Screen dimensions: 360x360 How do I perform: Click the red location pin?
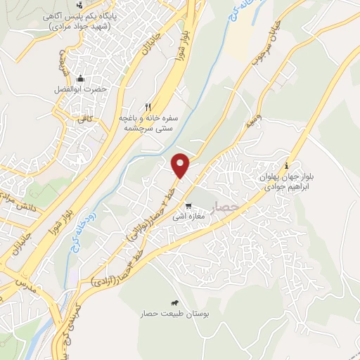tap(181, 165)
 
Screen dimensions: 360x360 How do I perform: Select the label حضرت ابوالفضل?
tap(80, 90)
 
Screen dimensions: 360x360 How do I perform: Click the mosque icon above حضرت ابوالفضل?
tap(80, 78)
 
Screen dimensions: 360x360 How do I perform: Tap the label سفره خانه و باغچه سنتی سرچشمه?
tap(148, 124)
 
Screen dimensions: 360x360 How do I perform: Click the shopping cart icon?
tap(188, 206)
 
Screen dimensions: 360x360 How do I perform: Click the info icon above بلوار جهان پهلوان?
tap(295, 147)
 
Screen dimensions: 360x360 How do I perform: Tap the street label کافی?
tap(86, 121)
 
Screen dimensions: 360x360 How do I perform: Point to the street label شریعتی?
tap(61, 66)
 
